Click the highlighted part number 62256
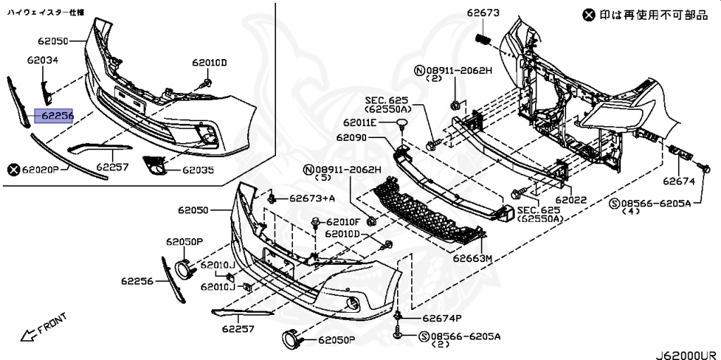[x=55, y=116]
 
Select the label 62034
[x=43, y=61]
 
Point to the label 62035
[x=198, y=170]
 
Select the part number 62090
[x=352, y=137]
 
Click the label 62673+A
[x=312, y=199]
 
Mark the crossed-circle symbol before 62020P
[x=13, y=170]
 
